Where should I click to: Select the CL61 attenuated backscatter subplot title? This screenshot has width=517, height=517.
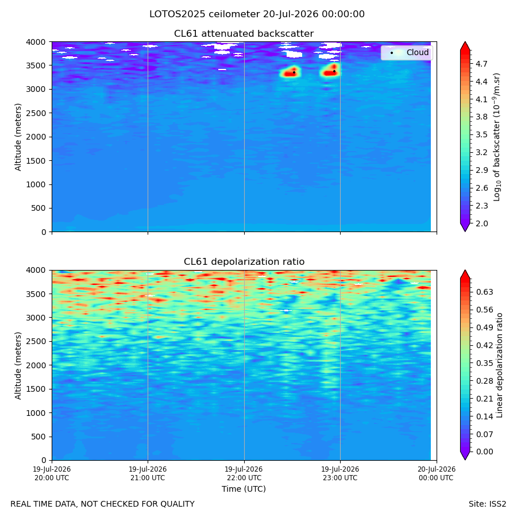(244, 34)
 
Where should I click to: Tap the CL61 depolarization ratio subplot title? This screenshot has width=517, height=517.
(244, 262)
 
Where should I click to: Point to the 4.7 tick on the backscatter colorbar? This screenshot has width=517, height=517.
(481, 64)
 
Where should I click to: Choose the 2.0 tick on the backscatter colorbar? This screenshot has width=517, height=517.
(481, 223)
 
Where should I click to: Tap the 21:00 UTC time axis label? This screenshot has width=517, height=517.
(148, 473)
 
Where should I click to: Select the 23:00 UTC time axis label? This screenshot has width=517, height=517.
(340, 473)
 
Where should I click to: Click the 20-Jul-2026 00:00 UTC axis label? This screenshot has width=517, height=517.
(437, 473)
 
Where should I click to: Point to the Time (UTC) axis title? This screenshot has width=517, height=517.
(244, 489)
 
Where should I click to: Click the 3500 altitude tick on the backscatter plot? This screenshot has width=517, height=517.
(36, 65)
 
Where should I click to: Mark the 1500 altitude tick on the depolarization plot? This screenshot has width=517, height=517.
(36, 389)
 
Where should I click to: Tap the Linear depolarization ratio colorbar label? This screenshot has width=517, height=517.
(500, 365)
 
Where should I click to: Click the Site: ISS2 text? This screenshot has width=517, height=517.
(487, 504)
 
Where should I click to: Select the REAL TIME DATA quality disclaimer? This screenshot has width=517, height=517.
(103, 504)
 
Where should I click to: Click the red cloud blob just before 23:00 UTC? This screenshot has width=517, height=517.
(330, 70)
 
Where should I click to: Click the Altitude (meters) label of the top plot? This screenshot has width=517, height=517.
(18, 137)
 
